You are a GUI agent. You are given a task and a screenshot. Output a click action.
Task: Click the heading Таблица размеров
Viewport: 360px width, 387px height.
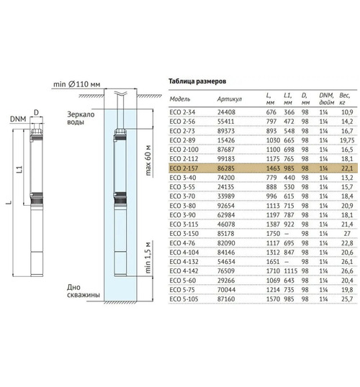[x=197, y=81]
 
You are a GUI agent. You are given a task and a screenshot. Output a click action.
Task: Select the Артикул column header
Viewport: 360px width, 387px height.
[x=230, y=99]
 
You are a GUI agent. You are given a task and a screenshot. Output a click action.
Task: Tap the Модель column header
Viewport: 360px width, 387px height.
[x=180, y=99]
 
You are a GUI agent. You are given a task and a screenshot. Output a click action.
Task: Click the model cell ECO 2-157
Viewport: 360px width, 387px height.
[x=184, y=168]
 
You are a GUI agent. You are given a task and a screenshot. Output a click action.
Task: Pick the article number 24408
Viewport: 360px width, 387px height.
[x=226, y=112]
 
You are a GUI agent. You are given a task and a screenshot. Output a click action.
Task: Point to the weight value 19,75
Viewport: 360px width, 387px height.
[x=347, y=140]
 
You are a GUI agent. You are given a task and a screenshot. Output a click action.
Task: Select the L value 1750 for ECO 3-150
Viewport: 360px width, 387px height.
[x=273, y=234]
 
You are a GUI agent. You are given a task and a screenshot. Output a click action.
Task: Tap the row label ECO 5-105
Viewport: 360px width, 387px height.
[x=184, y=299]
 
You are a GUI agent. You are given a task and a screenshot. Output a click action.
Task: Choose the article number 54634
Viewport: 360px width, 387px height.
[x=226, y=262]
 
